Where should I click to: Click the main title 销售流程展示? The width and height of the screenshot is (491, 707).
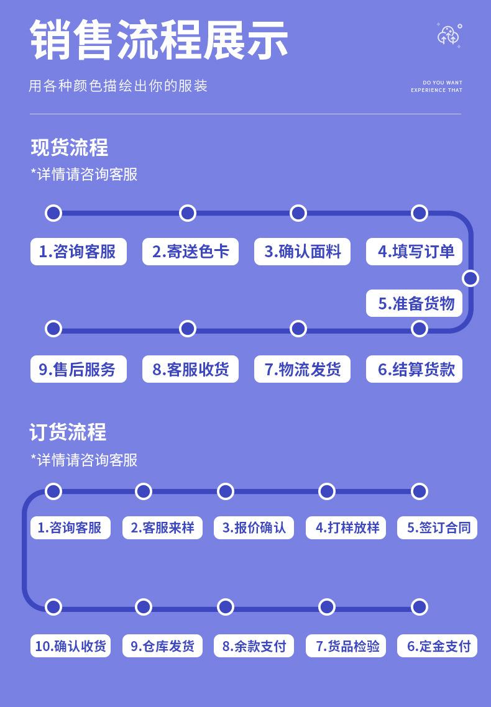(159, 40)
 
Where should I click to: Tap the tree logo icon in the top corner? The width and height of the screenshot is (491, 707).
(449, 35)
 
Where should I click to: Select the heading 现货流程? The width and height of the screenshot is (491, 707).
(70, 148)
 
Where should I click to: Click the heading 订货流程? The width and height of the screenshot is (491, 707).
(68, 432)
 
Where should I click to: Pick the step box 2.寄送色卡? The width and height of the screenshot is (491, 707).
(190, 252)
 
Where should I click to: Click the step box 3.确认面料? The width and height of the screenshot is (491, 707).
(302, 252)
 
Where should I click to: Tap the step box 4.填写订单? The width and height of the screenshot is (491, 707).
(415, 252)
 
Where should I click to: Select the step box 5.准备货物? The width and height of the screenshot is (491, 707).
(415, 303)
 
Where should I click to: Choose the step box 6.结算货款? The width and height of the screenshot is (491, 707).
(415, 369)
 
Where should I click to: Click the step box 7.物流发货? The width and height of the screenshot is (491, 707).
(302, 369)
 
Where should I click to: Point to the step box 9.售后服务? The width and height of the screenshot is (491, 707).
(78, 369)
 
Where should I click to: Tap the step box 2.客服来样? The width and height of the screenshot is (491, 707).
(162, 527)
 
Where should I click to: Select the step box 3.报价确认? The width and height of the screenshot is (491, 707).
(254, 527)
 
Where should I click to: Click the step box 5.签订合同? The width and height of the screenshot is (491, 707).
(438, 527)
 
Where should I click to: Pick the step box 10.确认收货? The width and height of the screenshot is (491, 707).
(70, 645)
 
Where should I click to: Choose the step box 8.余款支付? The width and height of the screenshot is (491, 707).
(254, 645)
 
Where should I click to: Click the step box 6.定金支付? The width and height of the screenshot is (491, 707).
(438, 645)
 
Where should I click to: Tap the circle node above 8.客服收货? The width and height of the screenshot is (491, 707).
(188, 329)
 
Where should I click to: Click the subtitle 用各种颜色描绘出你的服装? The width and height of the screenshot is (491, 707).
(118, 86)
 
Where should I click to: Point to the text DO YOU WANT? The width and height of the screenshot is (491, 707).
(443, 83)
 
